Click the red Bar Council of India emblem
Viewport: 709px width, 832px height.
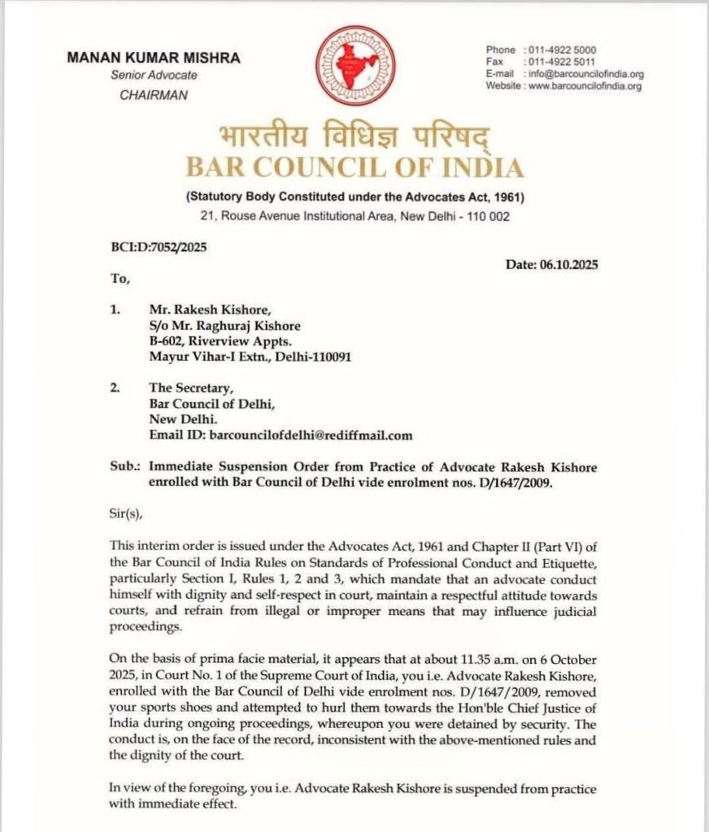click(x=355, y=64)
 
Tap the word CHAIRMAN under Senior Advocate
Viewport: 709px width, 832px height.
click(x=154, y=95)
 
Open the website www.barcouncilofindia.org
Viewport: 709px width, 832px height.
click(x=585, y=85)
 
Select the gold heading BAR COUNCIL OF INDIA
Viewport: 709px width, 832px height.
click(x=354, y=167)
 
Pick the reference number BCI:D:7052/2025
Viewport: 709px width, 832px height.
click(x=155, y=247)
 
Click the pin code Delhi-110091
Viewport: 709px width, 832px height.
click(x=313, y=357)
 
